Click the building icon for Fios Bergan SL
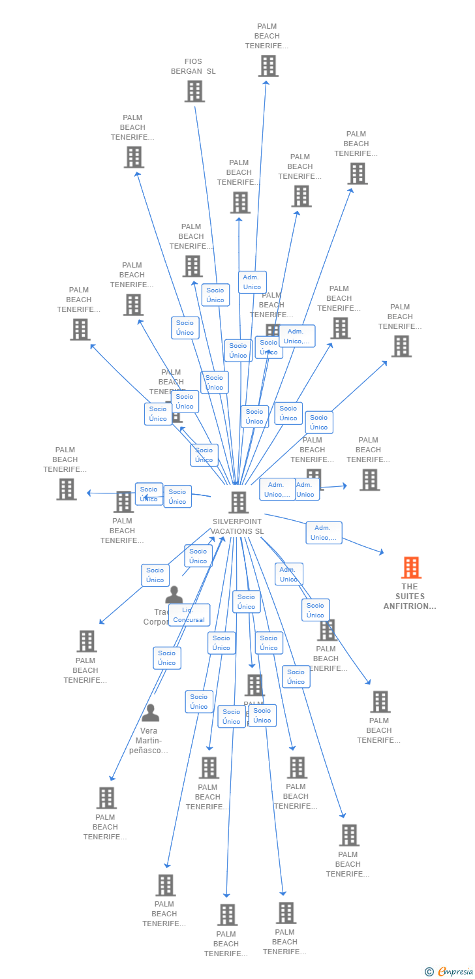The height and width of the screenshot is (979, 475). click(x=194, y=91)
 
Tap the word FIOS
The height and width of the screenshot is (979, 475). click(x=193, y=61)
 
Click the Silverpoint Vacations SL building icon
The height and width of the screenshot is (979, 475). click(x=239, y=503)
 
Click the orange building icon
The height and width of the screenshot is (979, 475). click(x=410, y=568)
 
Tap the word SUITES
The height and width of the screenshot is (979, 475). click(x=410, y=596)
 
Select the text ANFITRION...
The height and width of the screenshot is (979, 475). click(x=408, y=606)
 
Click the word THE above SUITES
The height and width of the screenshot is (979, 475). click(x=410, y=586)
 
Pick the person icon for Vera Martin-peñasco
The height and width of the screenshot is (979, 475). click(x=150, y=713)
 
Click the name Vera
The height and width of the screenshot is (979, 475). click(x=149, y=731)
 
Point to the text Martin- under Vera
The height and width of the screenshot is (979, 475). click(x=149, y=741)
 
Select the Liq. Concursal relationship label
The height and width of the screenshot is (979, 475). click(x=189, y=615)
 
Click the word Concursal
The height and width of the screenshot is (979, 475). click(x=189, y=620)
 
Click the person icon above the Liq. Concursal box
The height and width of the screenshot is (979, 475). click(x=174, y=595)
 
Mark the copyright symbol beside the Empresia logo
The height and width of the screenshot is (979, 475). click(x=429, y=972)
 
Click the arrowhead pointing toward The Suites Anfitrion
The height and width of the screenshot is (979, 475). click(x=382, y=553)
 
